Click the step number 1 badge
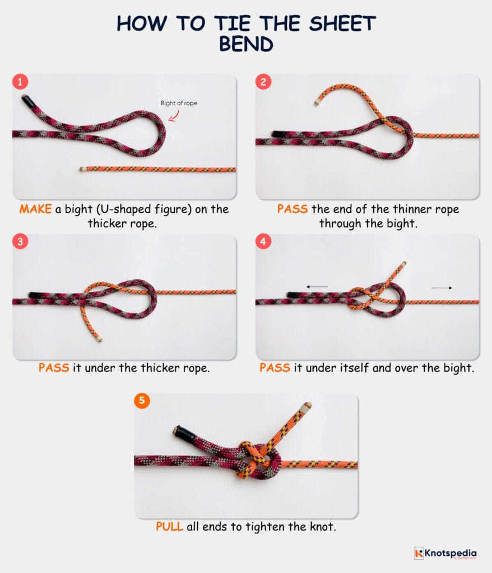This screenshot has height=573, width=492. pos(21,82)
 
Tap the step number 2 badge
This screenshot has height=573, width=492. pos(263,82)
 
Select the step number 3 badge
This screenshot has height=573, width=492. pos(21,243)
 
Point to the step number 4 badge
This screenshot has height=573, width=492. pos(263,243)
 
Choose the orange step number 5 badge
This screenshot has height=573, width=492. pos(142,401)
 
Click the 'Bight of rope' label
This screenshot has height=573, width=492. pos(179,103)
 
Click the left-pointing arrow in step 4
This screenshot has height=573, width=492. pos(317,287)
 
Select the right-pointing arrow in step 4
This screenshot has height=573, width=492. pos(442,288)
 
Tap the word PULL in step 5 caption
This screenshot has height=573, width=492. pos(169,527)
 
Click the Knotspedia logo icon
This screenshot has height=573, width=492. pos(419,553)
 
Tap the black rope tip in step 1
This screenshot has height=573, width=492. pos(26,101)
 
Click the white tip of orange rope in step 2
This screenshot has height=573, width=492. pos(317,103)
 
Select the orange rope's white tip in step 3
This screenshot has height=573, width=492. pos(99,339)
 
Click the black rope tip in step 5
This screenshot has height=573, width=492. pos(183,432)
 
